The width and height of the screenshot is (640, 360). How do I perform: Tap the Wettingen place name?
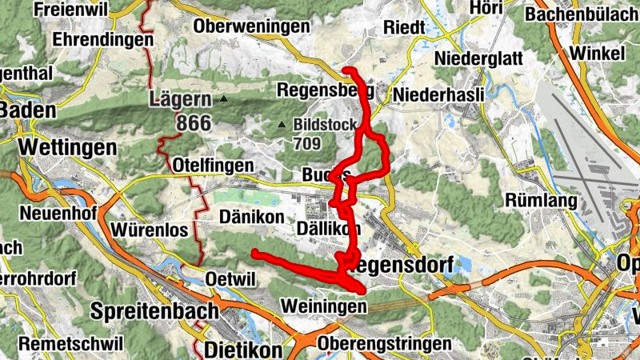pyautogui.click(x=67, y=147)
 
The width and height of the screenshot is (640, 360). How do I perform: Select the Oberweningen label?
pyautogui.click(x=251, y=26)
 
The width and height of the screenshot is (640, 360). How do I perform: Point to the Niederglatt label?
pyautogui.click(x=478, y=58)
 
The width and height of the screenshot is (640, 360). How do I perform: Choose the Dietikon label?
pyautogui.click(x=243, y=350)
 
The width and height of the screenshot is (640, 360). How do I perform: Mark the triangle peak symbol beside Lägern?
pyautogui.click(x=224, y=100)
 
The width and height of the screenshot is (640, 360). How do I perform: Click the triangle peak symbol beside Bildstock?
pyautogui.click(x=282, y=125)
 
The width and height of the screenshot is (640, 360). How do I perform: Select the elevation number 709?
pyautogui.click(x=306, y=144)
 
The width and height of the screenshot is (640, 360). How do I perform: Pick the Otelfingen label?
pyautogui.click(x=213, y=165)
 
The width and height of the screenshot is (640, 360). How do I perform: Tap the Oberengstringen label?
pyautogui.click(x=385, y=343)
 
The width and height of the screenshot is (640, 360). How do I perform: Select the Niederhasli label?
pyautogui.click(x=439, y=94)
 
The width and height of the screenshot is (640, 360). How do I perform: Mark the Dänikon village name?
pyautogui.click(x=251, y=217)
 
